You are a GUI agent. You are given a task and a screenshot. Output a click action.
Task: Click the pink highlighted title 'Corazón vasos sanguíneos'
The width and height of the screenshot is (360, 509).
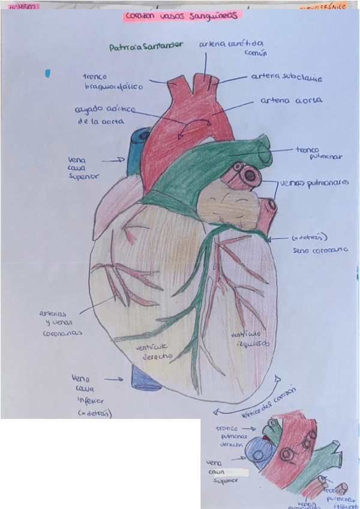pos(181,17)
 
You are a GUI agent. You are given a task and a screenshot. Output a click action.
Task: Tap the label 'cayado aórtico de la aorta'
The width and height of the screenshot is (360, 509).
pos(104,115)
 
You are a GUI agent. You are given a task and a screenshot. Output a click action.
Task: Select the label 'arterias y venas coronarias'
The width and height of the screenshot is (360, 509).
pos(59,323)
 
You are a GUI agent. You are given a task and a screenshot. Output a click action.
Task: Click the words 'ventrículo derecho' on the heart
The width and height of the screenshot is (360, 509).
pos(154,351)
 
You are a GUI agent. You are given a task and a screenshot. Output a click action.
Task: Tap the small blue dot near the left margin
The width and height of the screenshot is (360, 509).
pos(47,73)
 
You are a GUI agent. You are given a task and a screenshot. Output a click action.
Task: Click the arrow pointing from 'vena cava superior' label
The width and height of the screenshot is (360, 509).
pos(112,160)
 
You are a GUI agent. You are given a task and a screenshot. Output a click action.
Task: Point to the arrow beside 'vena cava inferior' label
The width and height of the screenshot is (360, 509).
pos(113,379)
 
